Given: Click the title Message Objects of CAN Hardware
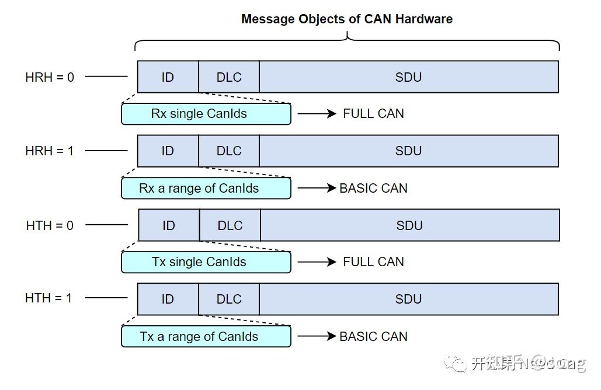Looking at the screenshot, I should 347,19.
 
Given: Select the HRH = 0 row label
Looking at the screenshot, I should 50,77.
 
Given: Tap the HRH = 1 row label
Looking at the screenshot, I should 50,151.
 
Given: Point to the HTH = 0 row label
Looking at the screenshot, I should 50,225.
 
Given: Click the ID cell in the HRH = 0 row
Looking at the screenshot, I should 168,77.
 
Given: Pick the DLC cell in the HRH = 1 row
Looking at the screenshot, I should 229,151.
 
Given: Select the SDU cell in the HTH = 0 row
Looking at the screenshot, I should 409,225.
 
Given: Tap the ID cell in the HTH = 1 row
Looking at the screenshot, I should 168,299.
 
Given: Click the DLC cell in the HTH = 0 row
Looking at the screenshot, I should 230,225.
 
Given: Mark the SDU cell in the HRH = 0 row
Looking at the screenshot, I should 408,77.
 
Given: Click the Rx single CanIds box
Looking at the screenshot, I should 206,114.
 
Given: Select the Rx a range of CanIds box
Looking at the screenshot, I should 206,189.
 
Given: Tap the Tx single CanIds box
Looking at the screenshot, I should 206,262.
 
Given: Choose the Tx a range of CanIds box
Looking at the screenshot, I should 206,337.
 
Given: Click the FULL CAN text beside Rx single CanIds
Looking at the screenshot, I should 373,114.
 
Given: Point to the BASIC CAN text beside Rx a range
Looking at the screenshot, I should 373,189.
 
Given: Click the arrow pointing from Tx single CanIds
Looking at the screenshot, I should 317,262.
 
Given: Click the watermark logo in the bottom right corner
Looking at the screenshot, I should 455,364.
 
